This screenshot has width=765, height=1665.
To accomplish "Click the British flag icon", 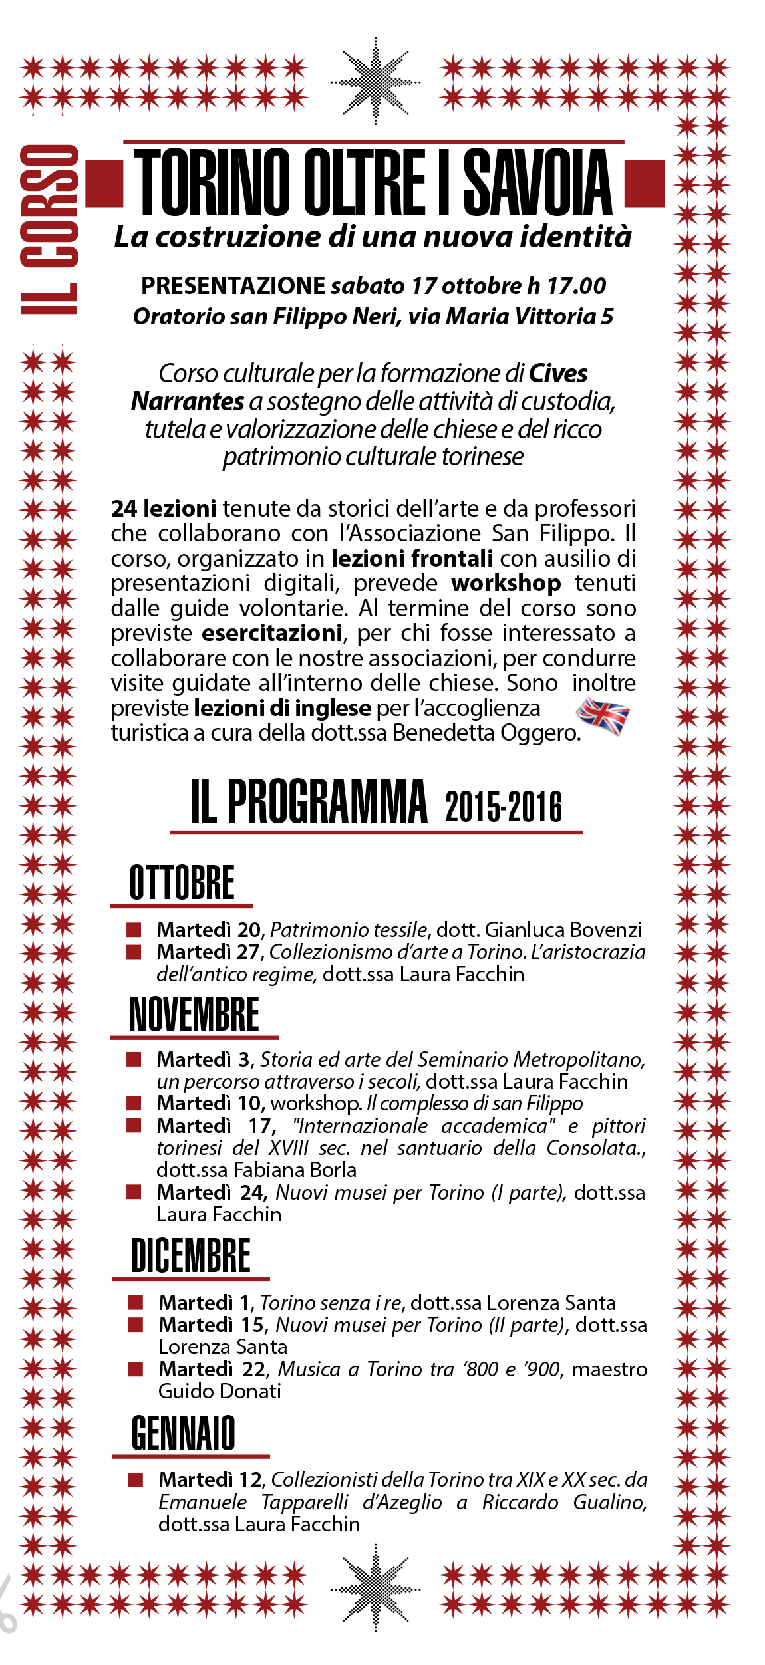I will (603, 716).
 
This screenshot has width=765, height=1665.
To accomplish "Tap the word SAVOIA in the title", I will (537, 182).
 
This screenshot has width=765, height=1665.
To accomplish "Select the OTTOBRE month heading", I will (182, 882).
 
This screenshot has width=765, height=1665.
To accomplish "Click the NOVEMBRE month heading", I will (194, 1014).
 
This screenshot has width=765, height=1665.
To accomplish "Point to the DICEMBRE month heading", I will (191, 1255).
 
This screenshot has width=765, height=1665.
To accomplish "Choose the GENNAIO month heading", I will (184, 1432).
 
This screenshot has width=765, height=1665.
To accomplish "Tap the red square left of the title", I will (104, 184).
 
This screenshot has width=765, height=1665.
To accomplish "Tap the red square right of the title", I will (645, 184).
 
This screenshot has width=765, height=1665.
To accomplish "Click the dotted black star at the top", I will (376, 82).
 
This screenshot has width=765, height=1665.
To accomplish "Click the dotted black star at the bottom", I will (376, 1590).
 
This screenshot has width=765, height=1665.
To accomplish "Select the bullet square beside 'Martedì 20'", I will (134, 930).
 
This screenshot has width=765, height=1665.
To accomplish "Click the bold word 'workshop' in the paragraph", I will (506, 583).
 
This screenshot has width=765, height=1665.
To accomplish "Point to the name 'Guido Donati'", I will (220, 1391).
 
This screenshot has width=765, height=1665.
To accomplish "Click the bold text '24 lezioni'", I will (164, 509).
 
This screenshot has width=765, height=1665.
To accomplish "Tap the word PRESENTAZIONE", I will (233, 286).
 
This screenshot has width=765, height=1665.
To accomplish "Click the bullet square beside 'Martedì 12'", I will (136, 1479).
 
